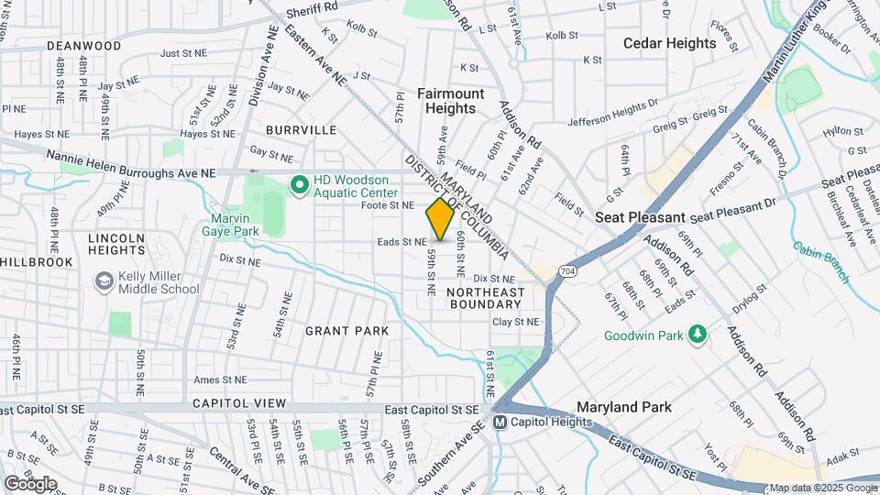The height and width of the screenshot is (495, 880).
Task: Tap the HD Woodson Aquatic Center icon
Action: [299, 186]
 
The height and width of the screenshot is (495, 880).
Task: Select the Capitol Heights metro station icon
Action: [500, 423]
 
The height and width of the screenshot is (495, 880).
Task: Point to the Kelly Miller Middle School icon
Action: [104, 279]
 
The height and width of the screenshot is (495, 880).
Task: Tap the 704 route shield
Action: [568, 271]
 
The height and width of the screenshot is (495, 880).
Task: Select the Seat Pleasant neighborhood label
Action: [640, 217]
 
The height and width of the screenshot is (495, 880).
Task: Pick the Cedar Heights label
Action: [669, 43]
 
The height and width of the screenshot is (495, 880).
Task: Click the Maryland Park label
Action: [623, 407]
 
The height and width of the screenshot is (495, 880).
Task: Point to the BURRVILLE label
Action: [302, 130]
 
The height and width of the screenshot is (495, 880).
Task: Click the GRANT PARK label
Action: [346, 330]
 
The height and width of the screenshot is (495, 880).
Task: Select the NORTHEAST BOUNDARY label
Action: [486, 298]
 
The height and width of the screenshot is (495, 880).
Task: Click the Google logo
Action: [30, 483]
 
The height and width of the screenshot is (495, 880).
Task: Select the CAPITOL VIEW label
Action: [238, 403]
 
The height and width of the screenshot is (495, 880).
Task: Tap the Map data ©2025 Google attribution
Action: [821, 488]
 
